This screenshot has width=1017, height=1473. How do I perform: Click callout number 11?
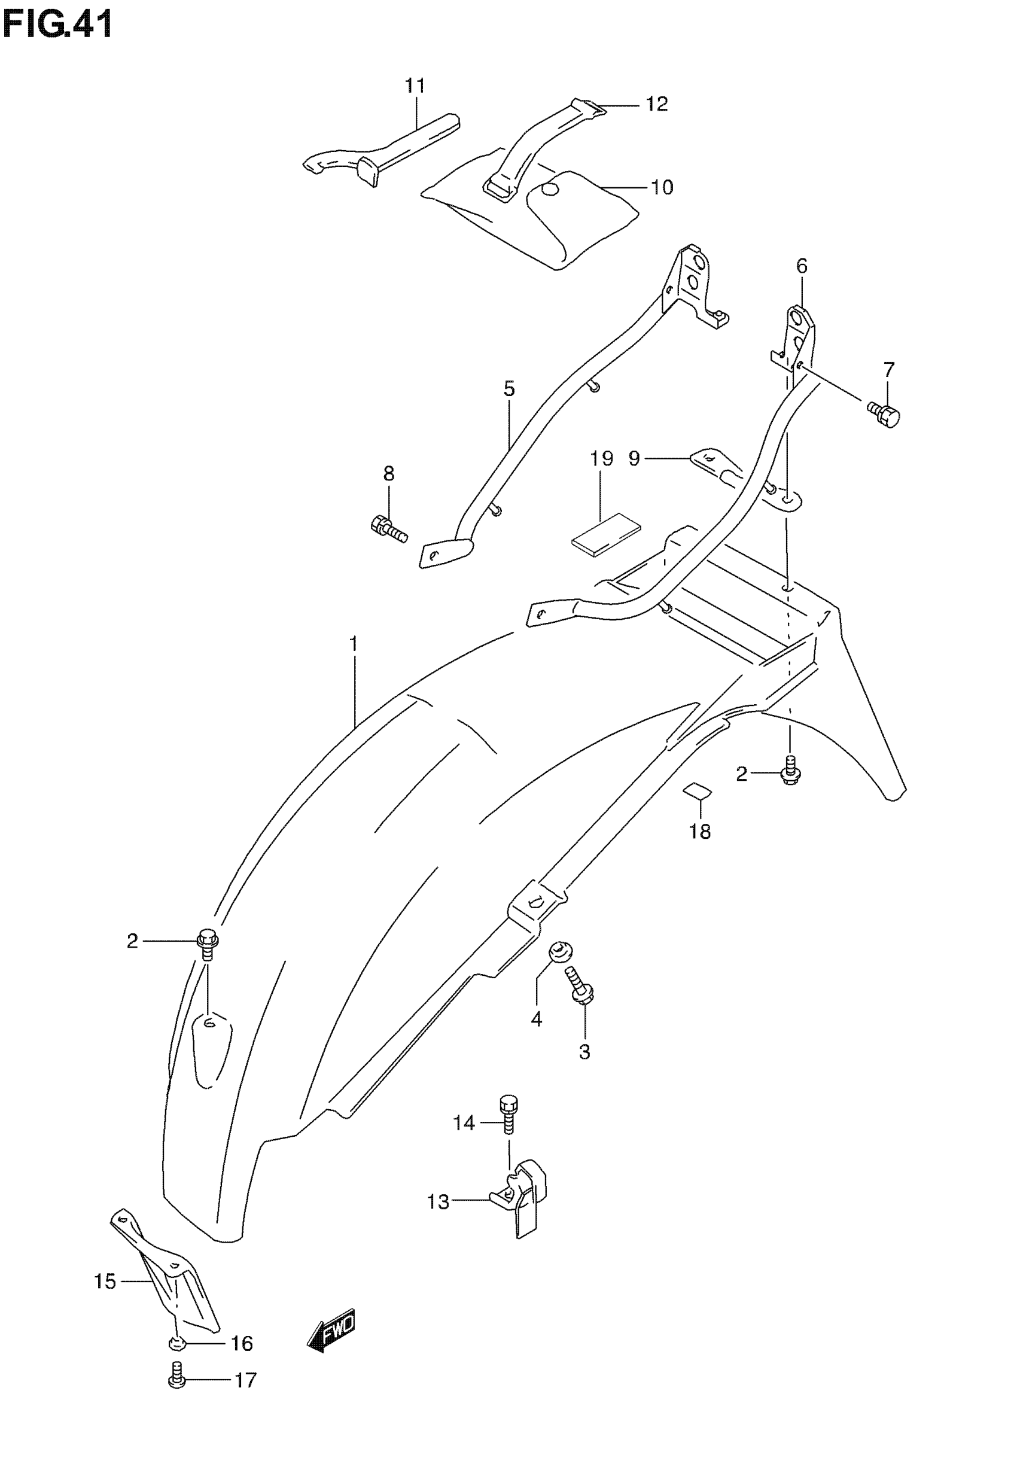pos(415,86)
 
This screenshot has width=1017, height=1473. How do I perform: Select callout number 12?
pos(656,104)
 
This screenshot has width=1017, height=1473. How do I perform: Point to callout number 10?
pos(662,187)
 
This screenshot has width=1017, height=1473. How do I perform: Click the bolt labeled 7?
pos(884,415)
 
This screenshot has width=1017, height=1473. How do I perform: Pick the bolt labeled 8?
pos(388,528)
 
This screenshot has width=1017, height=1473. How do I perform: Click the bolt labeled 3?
pos(581,993)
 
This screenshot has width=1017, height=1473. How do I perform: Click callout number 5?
pos(508,389)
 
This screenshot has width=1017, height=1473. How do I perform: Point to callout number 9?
pos(634,459)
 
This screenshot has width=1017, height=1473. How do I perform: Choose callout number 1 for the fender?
pos(353,644)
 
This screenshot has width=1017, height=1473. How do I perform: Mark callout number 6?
pos(802,266)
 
